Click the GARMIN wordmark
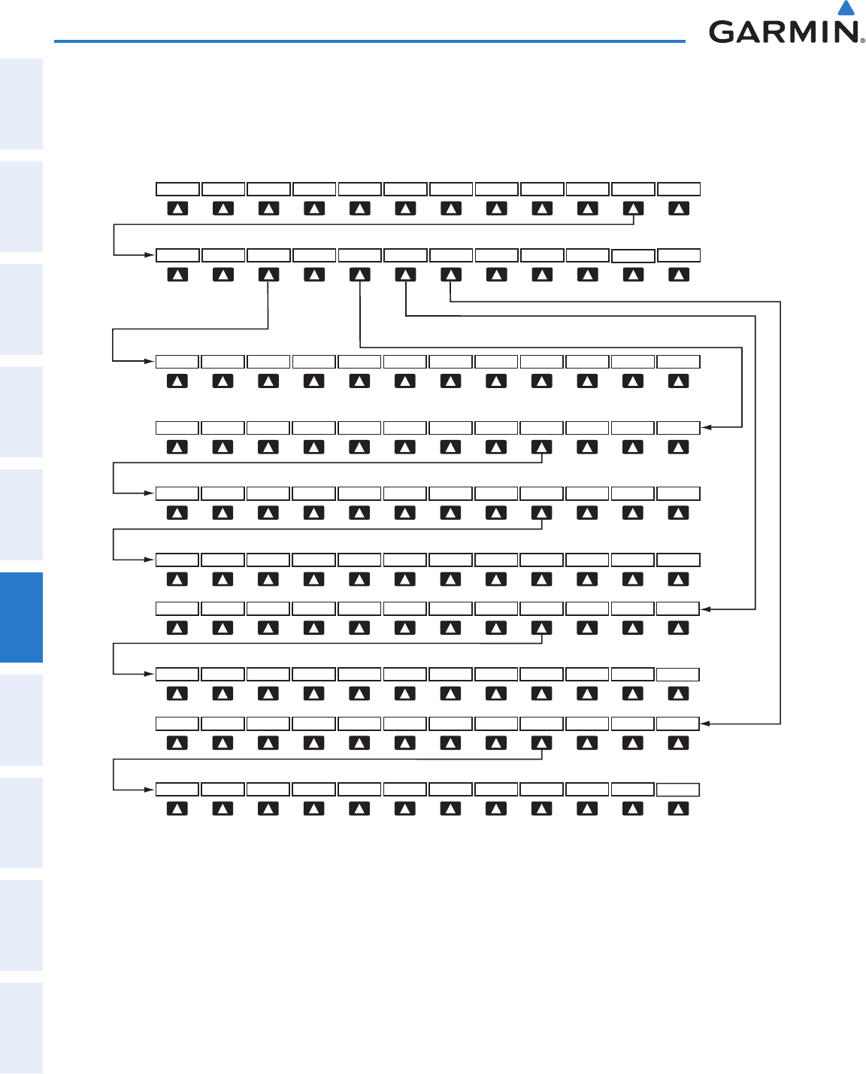pyautogui.click(x=782, y=32)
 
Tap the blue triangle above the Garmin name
pyautogui.click(x=846, y=8)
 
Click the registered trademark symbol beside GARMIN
pyautogui.click(x=862, y=41)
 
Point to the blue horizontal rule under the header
pyautogui.click(x=369, y=41)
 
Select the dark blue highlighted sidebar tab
pyautogui.click(x=21, y=617)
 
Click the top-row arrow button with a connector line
pyautogui.click(x=633, y=208)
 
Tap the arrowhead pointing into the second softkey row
pyautogui.click(x=150, y=255)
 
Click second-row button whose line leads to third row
pyautogui.click(x=268, y=275)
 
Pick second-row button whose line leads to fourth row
pyautogui.click(x=360, y=275)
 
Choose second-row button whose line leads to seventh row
pyautogui.click(x=405, y=275)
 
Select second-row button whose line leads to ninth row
pyautogui.click(x=450, y=275)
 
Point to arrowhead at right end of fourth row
pyautogui.click(x=706, y=427)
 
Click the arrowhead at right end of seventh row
pyautogui.click(x=706, y=608)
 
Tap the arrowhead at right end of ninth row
pyautogui.click(x=706, y=724)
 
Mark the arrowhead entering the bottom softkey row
pyautogui.click(x=150, y=790)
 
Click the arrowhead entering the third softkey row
pyautogui.click(x=150, y=361)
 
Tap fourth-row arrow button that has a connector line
pyautogui.click(x=541, y=447)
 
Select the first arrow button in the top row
pyautogui.click(x=177, y=208)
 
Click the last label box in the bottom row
pyautogui.click(x=678, y=790)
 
